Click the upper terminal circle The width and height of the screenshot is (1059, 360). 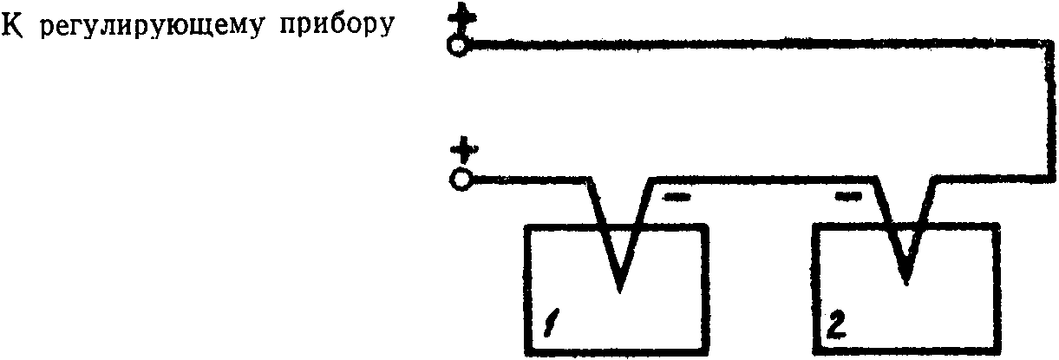pyautogui.click(x=458, y=46)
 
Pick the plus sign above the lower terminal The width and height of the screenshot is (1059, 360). pyautogui.click(x=466, y=153)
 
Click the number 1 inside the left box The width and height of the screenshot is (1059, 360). pyautogui.click(x=551, y=326)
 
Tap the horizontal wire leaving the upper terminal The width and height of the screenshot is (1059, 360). pyautogui.click(x=746, y=41)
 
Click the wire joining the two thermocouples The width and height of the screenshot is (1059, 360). pyautogui.click(x=763, y=181)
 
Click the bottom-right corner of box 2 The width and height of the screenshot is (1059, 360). pyautogui.click(x=996, y=351)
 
